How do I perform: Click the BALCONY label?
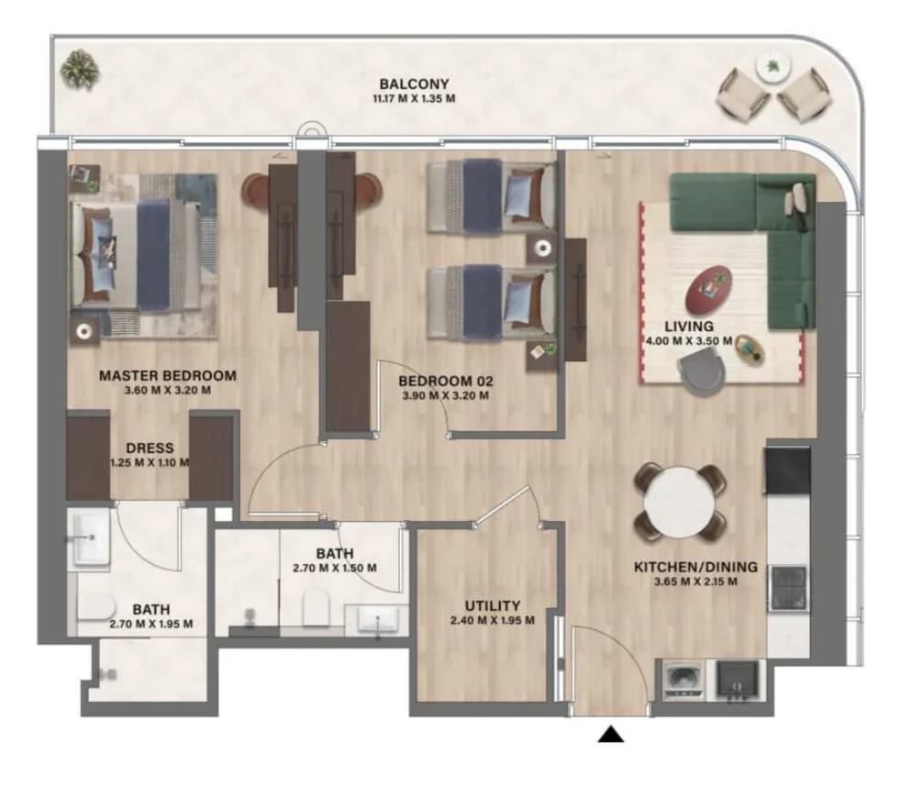414,84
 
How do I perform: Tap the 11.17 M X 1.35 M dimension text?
414,99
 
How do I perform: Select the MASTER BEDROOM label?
168,376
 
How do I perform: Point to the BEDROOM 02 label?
445,381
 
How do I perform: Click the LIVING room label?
689,327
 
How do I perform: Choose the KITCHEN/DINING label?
695,567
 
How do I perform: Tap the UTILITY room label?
493,606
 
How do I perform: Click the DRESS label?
150,448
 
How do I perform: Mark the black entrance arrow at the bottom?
611,735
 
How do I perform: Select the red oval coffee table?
708,287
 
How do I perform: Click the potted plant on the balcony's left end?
80,71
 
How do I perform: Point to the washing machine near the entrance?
683,681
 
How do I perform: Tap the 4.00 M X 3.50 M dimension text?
689,341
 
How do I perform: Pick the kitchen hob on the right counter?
789,588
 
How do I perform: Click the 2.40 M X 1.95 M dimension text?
493,620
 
